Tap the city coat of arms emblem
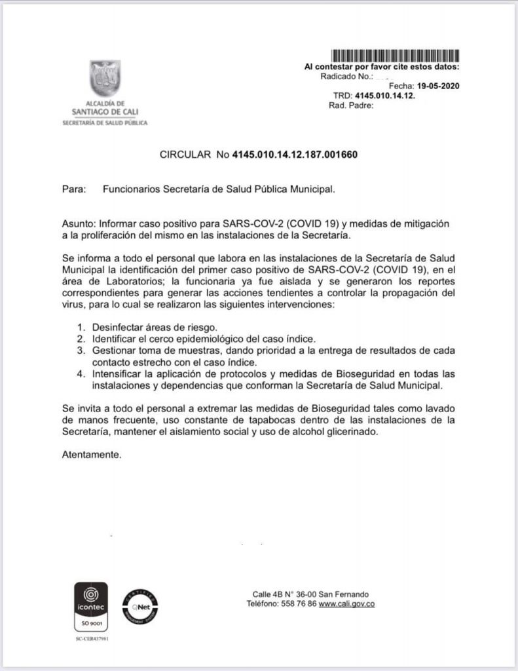click(105, 79)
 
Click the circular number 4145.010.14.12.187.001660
click(295, 155)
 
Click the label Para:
click(74, 189)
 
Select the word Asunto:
click(79, 223)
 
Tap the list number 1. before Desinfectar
click(81, 327)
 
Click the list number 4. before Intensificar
click(81, 374)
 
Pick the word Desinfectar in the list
click(119, 327)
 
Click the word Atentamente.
click(92, 454)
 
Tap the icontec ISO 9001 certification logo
click(91, 606)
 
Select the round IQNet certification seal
click(139, 606)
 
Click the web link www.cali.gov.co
click(346, 604)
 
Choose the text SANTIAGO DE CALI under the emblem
click(105, 112)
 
